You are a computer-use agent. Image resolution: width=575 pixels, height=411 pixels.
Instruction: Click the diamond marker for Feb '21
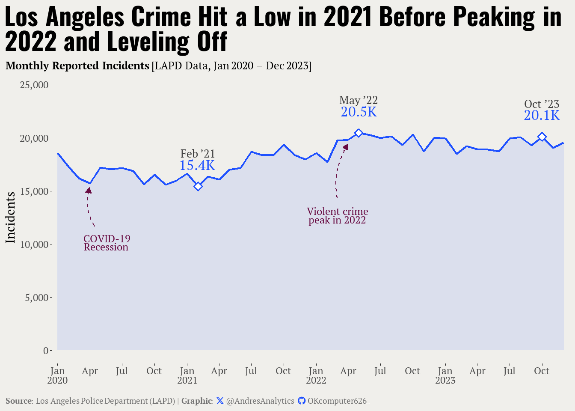pos(198,186)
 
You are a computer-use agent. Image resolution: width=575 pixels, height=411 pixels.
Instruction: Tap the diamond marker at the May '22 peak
pos(359,133)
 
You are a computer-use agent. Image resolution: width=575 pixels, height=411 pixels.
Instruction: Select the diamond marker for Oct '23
pos(542,137)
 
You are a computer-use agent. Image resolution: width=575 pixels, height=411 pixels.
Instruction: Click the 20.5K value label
pos(359,112)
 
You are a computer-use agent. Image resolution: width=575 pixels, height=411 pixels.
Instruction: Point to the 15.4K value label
pos(197,166)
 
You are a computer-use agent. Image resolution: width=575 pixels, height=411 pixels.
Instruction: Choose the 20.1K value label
pos(542,116)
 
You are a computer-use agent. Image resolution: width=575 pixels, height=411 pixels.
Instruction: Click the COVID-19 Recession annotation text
pos(107,243)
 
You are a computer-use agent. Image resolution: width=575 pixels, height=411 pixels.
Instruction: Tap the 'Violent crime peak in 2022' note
pos(337,216)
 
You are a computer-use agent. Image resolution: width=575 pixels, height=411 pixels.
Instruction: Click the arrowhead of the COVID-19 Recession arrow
pos(89,190)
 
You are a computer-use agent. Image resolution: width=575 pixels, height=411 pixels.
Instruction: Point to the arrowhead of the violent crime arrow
pos(346,147)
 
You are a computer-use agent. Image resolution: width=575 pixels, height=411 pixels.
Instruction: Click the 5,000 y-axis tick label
pos(37,298)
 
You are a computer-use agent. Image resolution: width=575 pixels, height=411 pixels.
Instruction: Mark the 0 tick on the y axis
pos(46,351)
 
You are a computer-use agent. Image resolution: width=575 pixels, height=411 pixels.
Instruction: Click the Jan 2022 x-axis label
pos(316,375)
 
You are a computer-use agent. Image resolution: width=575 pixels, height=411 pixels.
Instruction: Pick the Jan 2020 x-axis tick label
pos(57,375)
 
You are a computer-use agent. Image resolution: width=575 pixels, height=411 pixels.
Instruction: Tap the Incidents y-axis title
pos(10,217)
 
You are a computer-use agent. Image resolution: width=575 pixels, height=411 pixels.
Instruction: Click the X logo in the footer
pos(220,401)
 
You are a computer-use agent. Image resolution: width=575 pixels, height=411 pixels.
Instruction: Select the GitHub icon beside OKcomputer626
pos(302,401)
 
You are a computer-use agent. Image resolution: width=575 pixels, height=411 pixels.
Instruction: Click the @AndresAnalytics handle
pos(260,401)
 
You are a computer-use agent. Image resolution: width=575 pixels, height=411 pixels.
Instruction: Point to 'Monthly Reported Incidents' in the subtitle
pos(77,66)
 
